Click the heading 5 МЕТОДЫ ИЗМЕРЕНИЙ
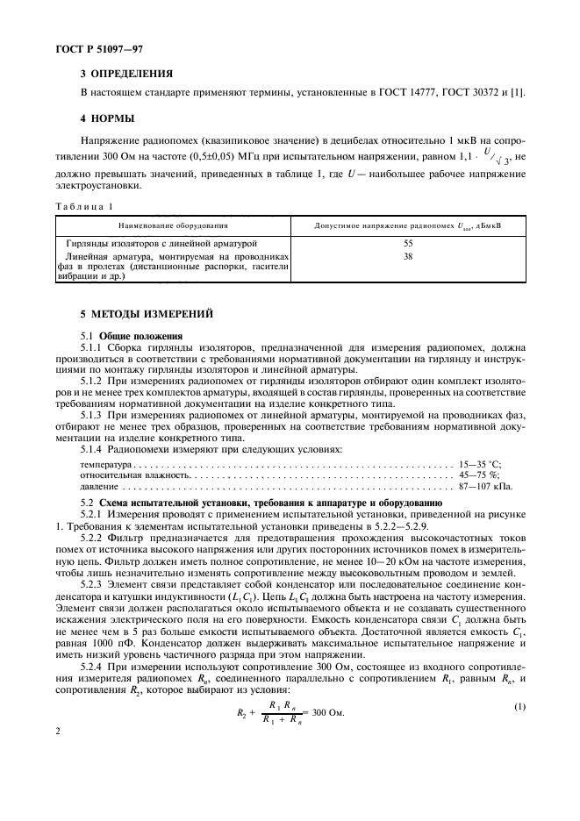click(x=146, y=314)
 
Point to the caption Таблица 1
click(x=84, y=205)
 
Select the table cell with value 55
click(x=408, y=242)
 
